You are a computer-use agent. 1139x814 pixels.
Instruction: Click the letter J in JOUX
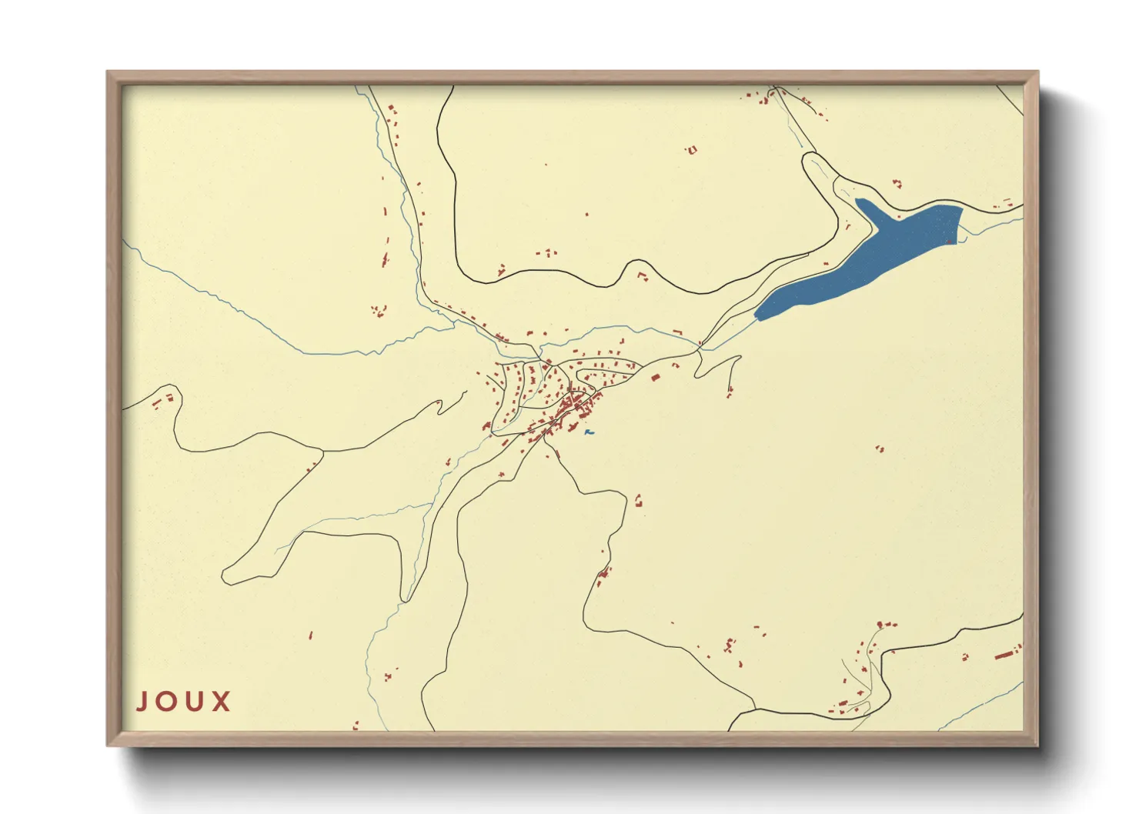[142, 702]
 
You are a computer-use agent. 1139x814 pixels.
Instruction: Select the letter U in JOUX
[195, 702]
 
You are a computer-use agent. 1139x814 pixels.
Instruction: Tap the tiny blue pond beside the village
[589, 433]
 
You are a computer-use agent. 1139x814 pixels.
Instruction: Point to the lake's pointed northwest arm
[860, 202]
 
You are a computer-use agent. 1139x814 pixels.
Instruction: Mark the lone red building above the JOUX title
[310, 636]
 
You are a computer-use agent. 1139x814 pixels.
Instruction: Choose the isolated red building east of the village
[880, 448]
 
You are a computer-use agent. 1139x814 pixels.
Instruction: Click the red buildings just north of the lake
[896, 183]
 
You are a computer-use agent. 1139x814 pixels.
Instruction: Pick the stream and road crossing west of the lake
[700, 348]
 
